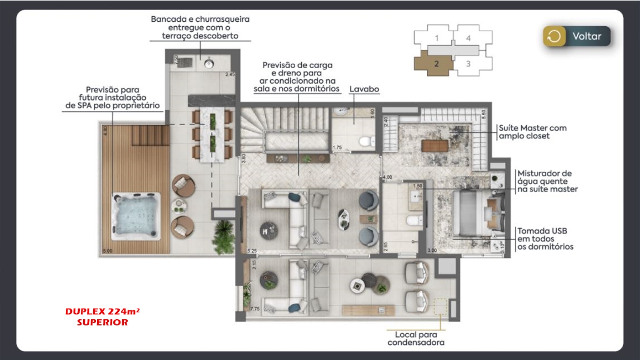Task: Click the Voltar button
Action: click(577, 36)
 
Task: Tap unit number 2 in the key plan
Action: click(436, 63)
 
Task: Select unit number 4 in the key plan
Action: click(468, 38)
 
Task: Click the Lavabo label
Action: click(364, 89)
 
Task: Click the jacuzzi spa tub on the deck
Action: click(136, 214)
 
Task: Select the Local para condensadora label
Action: click(416, 338)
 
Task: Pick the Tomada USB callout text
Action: click(545, 238)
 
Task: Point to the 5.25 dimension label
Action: click(253, 251)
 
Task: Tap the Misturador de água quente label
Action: click(547, 181)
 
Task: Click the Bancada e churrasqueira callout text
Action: click(200, 27)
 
